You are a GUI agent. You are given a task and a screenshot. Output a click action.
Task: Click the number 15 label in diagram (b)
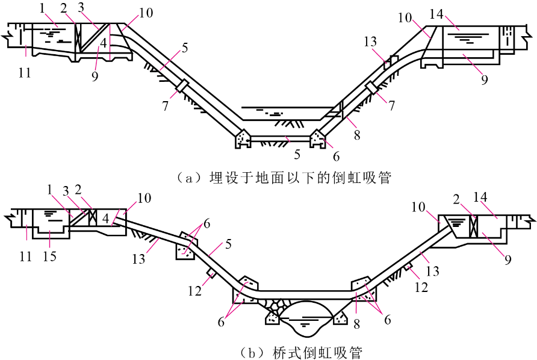coord(49,256)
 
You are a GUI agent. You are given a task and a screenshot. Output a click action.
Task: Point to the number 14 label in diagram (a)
coord(436,14)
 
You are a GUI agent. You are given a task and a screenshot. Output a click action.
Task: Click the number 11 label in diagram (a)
coord(25,73)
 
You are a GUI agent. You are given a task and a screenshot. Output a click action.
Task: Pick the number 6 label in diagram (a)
coord(337,156)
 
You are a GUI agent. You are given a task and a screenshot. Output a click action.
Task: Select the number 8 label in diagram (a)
coord(357,135)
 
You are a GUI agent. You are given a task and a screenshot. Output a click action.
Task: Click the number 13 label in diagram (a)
coord(370,42)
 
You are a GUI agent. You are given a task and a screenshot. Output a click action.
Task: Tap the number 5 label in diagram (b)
coord(228,244)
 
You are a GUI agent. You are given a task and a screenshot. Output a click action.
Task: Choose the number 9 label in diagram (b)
coord(508,259)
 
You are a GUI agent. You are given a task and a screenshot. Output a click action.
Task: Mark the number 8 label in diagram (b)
coord(357,324)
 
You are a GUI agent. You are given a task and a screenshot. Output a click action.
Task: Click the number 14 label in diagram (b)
coord(480,197)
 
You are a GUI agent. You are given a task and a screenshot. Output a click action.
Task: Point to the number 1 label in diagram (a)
coord(43,8)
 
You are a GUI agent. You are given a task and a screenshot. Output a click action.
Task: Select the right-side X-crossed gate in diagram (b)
coord(473,226)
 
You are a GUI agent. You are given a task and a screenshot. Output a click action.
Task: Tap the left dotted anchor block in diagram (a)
coord(243,138)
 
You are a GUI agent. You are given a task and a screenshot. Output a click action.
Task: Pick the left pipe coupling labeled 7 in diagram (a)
coord(182,85)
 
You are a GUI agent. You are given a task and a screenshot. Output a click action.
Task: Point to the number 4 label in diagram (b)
coord(106,218)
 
